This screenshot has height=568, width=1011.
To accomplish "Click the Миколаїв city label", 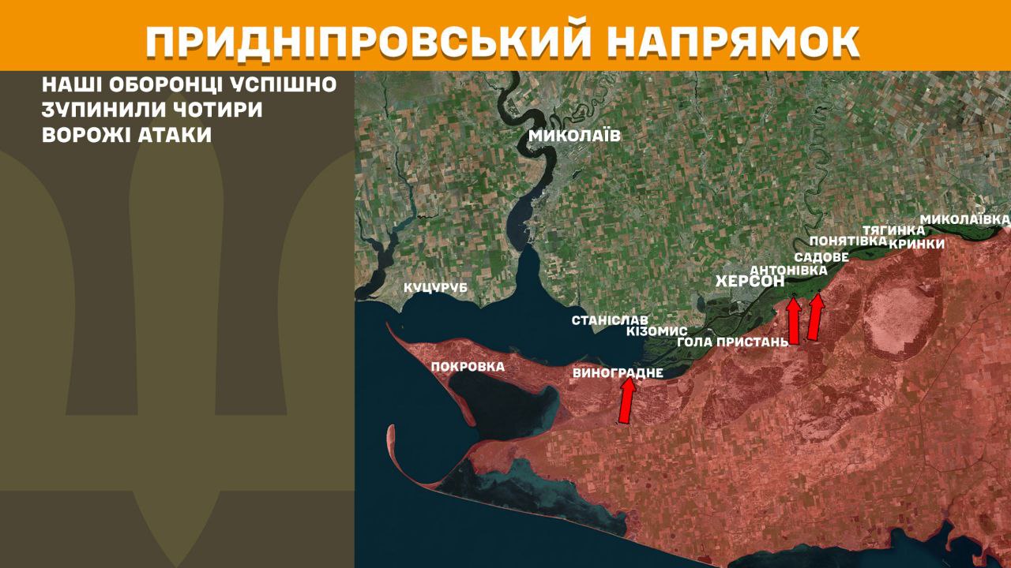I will point(574,136).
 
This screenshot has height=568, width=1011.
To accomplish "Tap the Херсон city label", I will point(750,282).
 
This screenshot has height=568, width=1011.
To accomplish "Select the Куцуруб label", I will point(435,288).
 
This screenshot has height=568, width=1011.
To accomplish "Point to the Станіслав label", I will point(610,320).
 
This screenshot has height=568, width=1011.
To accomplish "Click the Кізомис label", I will point(656,331).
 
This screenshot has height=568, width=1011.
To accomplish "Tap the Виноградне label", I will point(618,372).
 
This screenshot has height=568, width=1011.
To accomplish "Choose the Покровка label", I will point(468,366).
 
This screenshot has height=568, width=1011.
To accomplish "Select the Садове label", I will point(821,257).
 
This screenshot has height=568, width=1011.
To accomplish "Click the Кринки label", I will point(916,244).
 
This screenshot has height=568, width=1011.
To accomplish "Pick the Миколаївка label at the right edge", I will point(965,218).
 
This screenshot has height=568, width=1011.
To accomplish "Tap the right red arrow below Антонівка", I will point(815,316).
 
